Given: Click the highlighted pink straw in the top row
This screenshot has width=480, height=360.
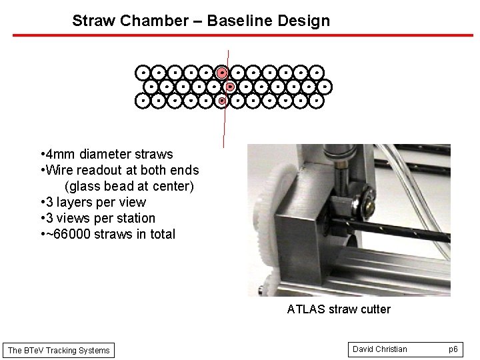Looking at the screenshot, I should [222, 72].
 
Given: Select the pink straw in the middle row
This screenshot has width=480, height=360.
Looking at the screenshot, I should [230, 87].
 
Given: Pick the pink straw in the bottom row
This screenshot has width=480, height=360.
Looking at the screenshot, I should [222, 101].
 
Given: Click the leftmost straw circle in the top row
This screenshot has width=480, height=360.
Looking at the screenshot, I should [142, 72].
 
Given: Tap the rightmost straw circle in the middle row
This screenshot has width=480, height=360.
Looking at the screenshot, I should [325, 87].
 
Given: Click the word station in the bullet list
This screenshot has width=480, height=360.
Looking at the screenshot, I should [133, 218].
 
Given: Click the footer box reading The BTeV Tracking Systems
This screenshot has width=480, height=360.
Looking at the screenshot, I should [59, 350].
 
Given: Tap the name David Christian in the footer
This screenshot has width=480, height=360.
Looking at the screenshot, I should [380, 349].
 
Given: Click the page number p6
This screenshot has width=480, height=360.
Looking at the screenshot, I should [453, 349].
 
